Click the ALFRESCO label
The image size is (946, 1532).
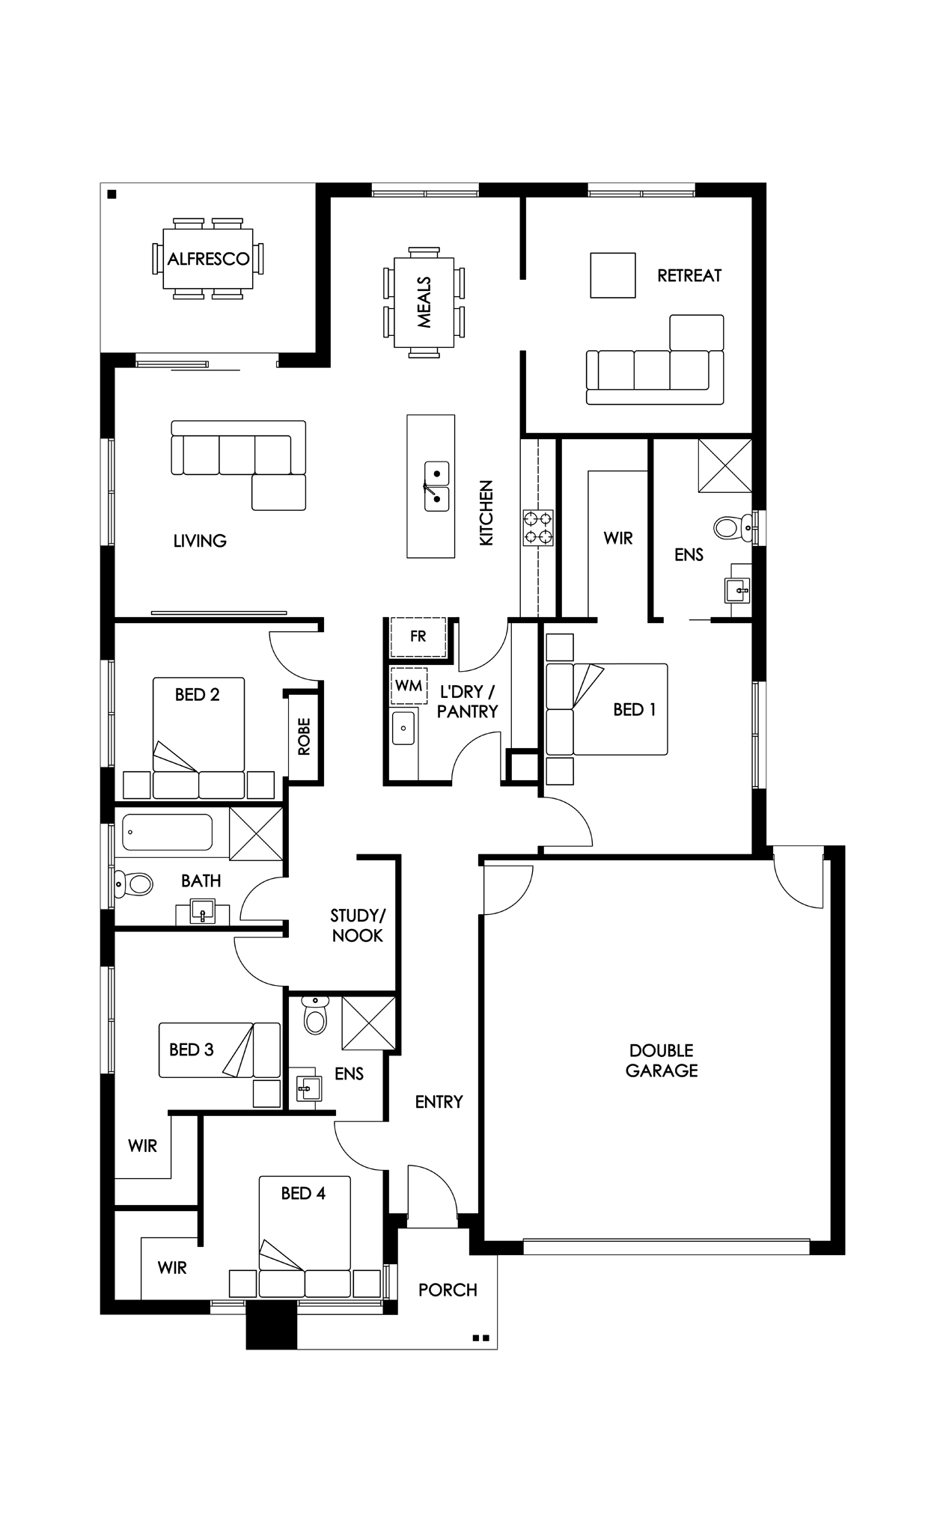click(x=208, y=260)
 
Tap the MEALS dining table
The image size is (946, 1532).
click(x=424, y=302)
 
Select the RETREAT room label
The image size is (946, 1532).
click(x=689, y=276)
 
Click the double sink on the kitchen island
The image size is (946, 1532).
click(x=436, y=486)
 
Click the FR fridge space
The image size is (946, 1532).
click(x=418, y=637)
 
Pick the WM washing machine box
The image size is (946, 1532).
click(x=409, y=686)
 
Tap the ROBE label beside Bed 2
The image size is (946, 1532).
click(x=304, y=737)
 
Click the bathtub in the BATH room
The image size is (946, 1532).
click(x=168, y=833)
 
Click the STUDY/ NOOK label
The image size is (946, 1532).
click(x=357, y=926)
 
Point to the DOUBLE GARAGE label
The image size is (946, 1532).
click(x=662, y=1061)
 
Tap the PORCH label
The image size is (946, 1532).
click(x=448, y=1290)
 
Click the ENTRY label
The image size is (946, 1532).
click(x=439, y=1102)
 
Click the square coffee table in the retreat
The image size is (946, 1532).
click(x=613, y=275)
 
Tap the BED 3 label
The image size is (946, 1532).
click(x=192, y=1050)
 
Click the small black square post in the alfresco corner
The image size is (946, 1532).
click(x=112, y=194)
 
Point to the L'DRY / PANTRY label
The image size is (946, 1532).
click(x=467, y=702)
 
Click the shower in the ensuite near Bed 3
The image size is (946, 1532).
click(x=368, y=1023)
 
